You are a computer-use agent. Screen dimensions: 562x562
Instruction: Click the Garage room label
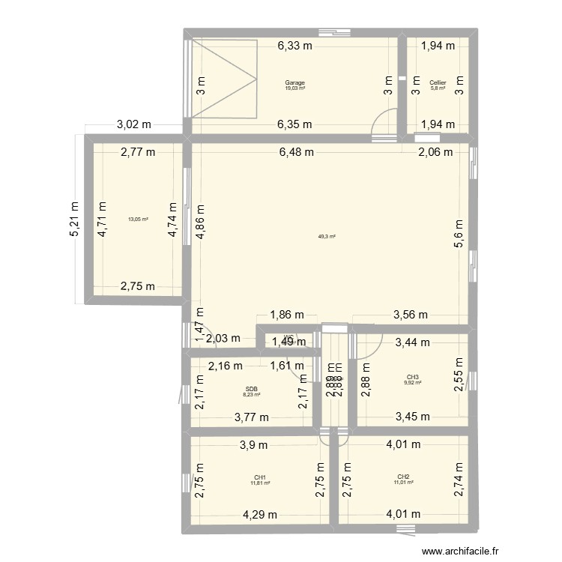(x=294, y=82)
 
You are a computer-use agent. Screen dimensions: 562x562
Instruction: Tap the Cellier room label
(x=438, y=82)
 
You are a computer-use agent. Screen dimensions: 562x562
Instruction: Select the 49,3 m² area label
(x=327, y=236)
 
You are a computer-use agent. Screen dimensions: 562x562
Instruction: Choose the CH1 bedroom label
(x=260, y=477)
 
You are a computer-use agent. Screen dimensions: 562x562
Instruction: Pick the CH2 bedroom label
(x=403, y=477)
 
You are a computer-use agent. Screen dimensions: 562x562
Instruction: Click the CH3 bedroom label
(x=413, y=377)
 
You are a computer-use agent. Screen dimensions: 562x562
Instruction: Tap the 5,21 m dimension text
(x=75, y=219)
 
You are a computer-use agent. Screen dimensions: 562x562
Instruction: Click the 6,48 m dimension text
(x=296, y=152)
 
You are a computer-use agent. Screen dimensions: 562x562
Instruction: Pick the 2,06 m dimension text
(x=435, y=152)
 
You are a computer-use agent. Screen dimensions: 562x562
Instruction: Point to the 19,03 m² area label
(x=294, y=88)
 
